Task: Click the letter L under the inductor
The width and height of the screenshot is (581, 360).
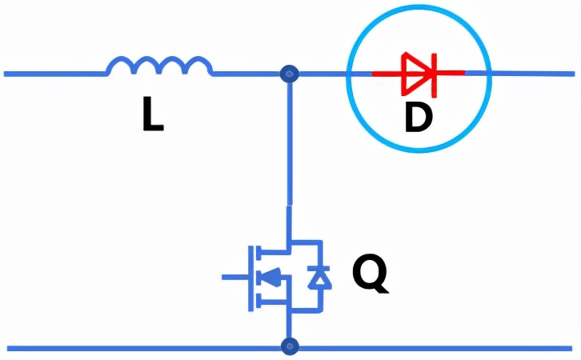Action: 153,114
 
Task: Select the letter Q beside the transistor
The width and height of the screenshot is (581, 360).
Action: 370,274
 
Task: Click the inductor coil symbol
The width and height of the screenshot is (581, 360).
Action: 160,66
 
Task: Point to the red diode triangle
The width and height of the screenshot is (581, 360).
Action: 415,73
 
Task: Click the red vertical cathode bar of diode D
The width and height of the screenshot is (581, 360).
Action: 433,75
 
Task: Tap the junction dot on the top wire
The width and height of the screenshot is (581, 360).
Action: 290,74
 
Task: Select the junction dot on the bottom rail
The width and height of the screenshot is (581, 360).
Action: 290,346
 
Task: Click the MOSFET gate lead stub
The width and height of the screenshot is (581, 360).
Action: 234,277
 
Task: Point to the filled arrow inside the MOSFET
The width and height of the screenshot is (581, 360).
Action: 271,277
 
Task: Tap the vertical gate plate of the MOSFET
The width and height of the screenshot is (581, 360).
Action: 250,278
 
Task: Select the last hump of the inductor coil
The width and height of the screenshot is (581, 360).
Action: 199,65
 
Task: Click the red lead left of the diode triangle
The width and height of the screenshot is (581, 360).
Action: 387,74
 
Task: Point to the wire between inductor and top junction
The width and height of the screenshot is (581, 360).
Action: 246,74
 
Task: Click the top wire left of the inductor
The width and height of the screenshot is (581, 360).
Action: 55,74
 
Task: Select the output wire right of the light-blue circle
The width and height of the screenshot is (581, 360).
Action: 533,74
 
